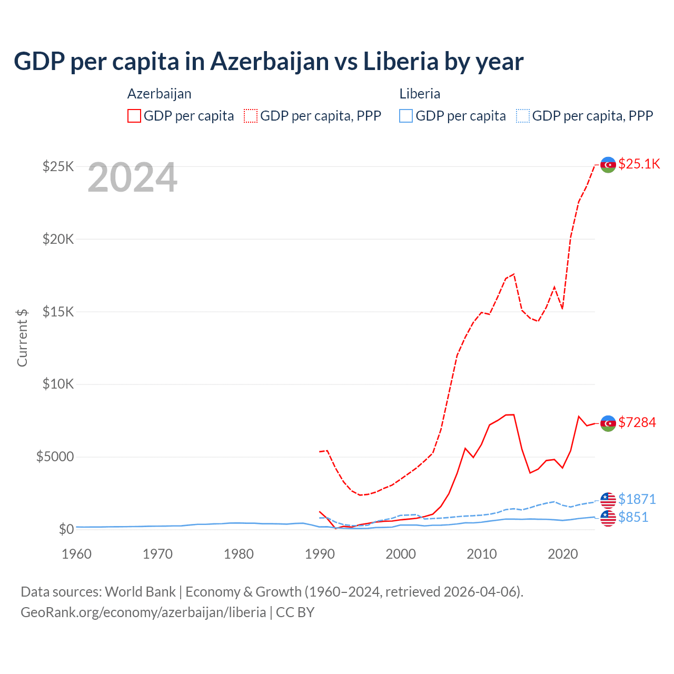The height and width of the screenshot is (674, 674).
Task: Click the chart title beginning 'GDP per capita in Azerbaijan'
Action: tap(269, 62)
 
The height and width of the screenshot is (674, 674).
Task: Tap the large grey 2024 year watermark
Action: tap(132, 178)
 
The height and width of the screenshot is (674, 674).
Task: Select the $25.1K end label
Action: tap(639, 164)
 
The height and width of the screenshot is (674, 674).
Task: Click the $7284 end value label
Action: tap(637, 422)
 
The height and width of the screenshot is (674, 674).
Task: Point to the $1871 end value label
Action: tap(637, 499)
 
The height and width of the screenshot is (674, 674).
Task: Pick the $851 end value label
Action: tap(633, 517)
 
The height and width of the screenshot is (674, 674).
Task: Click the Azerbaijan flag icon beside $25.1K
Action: tap(608, 165)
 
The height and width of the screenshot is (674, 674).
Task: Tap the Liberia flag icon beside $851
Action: tap(608, 518)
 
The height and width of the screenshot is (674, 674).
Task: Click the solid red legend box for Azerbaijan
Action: tap(134, 116)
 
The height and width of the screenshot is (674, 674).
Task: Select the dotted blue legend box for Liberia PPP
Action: tap(523, 116)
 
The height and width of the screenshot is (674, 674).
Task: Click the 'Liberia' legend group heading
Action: tap(420, 94)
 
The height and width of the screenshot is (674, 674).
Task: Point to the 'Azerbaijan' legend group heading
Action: tap(159, 94)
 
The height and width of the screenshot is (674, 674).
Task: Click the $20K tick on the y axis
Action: tap(58, 239)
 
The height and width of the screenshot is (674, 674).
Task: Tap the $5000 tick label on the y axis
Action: tap(55, 457)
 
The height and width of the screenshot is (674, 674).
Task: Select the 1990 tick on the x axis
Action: tap(320, 554)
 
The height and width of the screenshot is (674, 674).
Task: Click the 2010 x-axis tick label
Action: tap(482, 554)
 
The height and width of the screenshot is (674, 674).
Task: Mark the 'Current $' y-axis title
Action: tap(22, 338)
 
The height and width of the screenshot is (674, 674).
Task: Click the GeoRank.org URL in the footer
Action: tap(143, 612)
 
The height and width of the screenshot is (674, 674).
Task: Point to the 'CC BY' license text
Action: tap(295, 612)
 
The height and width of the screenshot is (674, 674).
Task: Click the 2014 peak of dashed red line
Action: tap(514, 274)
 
